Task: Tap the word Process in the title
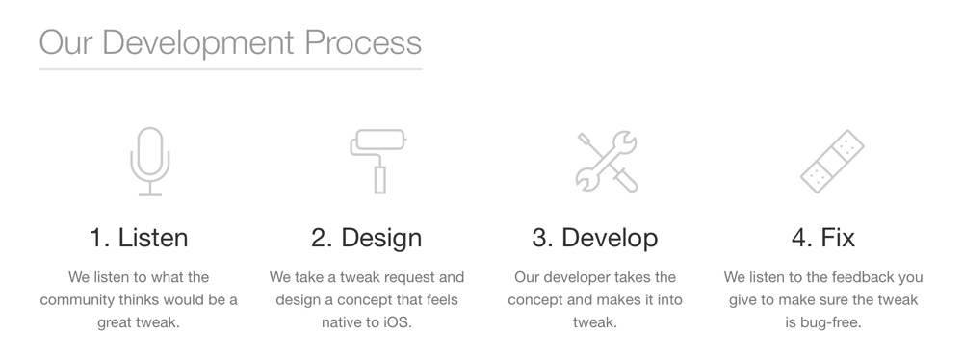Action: (363, 42)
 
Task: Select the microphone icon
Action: (150, 161)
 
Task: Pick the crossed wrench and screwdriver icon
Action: (606, 161)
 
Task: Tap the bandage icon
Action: (832, 161)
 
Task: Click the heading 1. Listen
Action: (139, 237)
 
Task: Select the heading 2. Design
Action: (366, 237)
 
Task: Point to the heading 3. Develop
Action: (594, 237)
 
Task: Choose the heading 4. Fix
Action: (822, 237)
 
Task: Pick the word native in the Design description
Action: (343, 322)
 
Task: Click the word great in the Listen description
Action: (117, 322)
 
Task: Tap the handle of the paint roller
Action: (379, 179)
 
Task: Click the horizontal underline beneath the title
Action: (230, 69)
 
